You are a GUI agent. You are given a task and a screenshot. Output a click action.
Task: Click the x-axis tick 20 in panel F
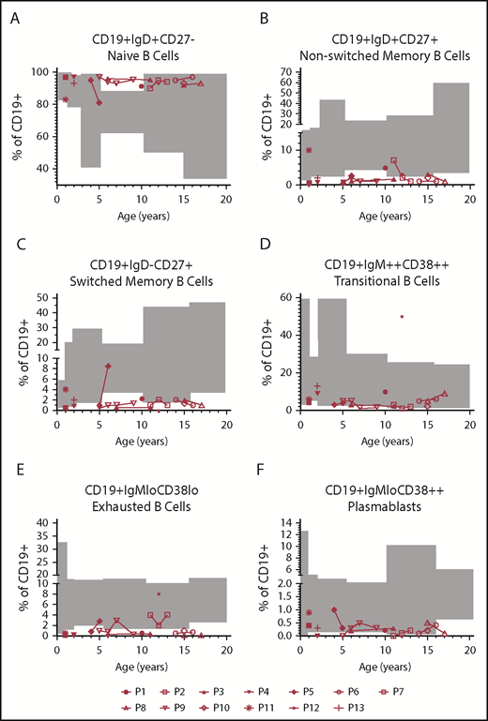click(x=469, y=650)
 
